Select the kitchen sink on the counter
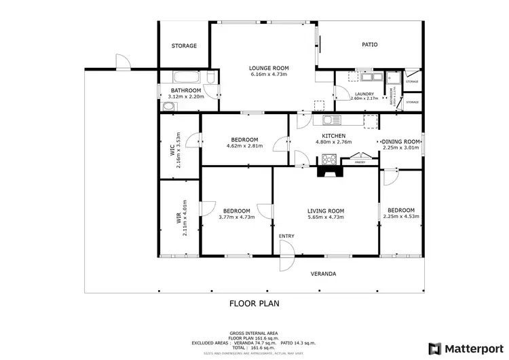tap(331, 120)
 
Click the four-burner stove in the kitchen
tap(329, 160)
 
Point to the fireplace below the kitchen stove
tap(331, 172)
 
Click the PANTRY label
tap(360, 163)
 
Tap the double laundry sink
tap(353, 77)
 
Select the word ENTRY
tap(287, 236)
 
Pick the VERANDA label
tap(324, 274)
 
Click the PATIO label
tap(369, 46)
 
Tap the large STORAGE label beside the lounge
tap(184, 46)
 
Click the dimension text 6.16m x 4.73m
tap(269, 74)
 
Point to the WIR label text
tap(178, 218)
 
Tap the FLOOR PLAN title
tap(254, 304)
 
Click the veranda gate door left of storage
tap(122, 64)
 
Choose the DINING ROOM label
tap(402, 141)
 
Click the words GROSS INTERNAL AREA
tap(254, 333)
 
